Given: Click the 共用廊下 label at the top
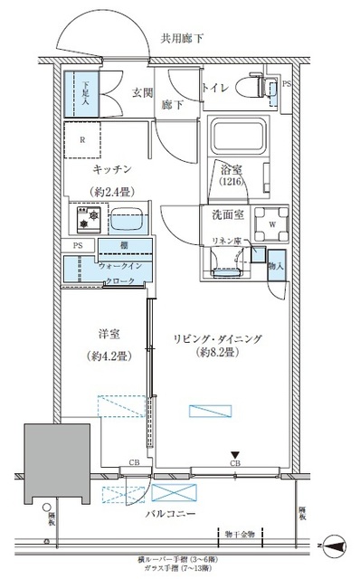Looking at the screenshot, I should point(183,39).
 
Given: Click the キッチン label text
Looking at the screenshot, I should point(113,169).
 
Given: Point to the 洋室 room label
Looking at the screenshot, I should point(108,333).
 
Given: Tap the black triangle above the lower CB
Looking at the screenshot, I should point(234,455).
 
